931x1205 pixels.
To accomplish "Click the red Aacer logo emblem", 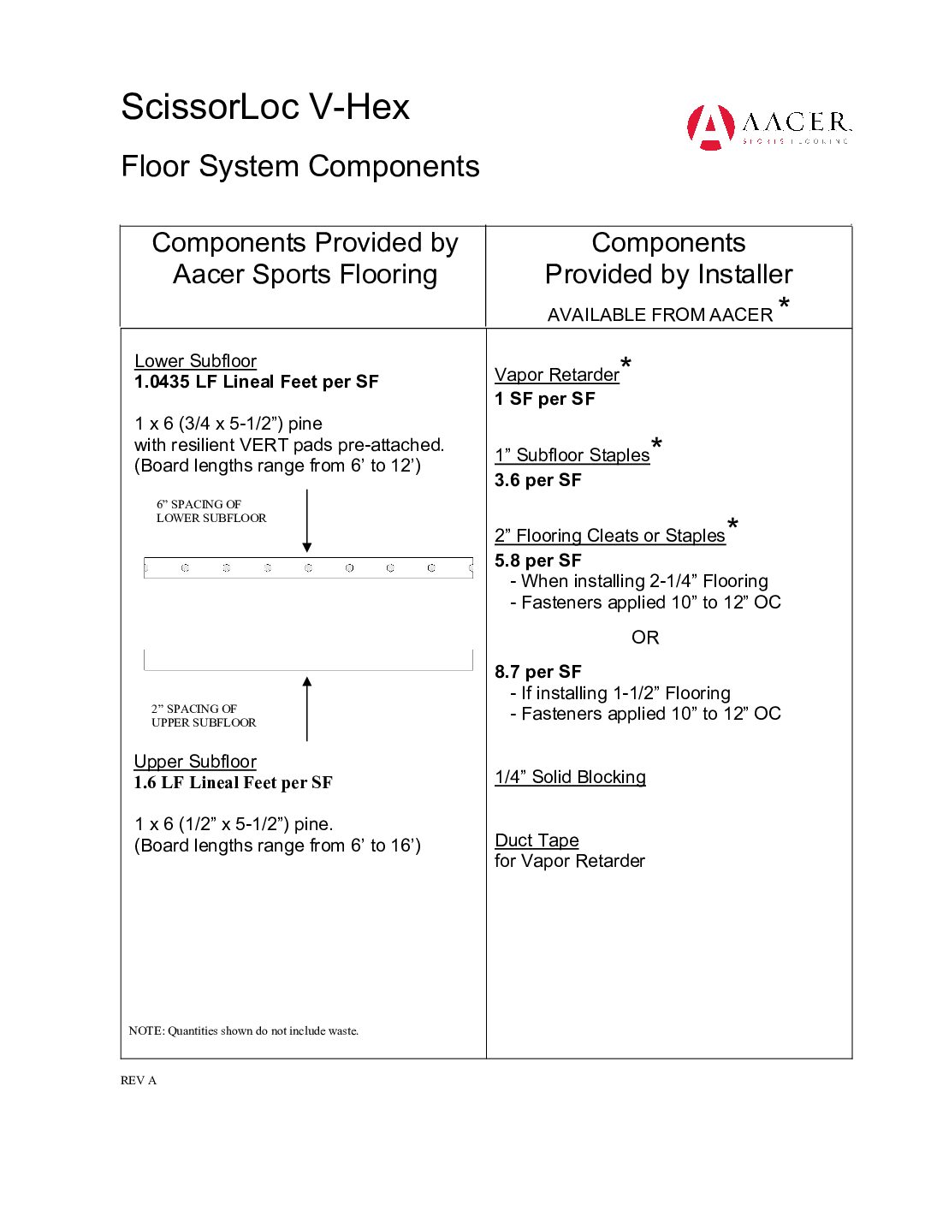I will [x=710, y=128].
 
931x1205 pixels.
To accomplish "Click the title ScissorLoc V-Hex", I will [x=265, y=108].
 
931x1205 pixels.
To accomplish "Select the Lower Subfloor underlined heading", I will [x=195, y=361].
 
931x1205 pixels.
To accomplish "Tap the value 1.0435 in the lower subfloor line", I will [x=162, y=383].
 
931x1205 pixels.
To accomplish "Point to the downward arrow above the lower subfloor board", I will [x=307, y=521].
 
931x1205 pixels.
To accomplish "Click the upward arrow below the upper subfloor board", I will [x=307, y=708].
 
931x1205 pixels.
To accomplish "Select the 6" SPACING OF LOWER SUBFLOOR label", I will [x=211, y=511].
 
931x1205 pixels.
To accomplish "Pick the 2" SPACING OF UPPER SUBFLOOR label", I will [x=204, y=715].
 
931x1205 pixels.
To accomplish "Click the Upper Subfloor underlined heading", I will [x=195, y=762].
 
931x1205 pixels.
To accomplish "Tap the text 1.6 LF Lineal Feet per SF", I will [x=233, y=783].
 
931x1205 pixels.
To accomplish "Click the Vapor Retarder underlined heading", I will [x=557, y=375].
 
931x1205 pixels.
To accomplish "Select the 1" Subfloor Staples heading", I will [x=572, y=455].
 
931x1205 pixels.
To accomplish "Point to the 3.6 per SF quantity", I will [x=537, y=480].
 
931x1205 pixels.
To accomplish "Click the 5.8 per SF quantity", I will [x=537, y=561].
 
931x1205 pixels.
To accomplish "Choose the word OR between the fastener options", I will [x=645, y=638].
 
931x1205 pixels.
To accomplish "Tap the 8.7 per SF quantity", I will [x=537, y=672].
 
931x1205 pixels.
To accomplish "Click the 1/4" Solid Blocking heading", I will [x=570, y=777].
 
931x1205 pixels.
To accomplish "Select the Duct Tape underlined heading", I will [x=537, y=840].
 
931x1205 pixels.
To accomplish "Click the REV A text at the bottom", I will [x=139, y=1081].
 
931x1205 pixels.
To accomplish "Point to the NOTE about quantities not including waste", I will [x=244, y=1031].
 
